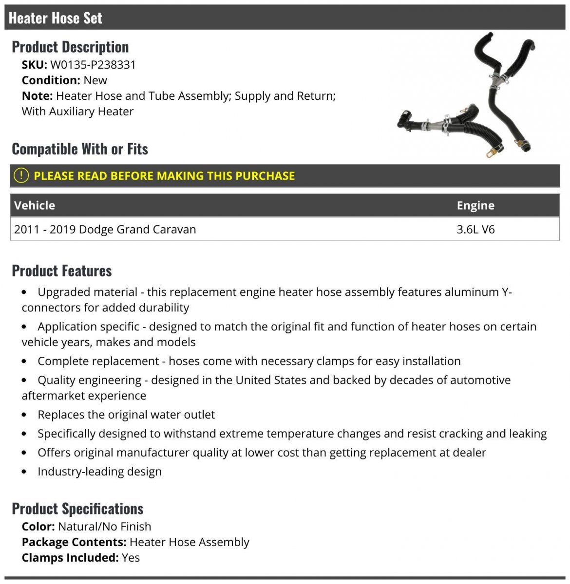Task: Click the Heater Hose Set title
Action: tap(55, 18)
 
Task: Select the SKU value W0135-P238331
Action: tap(93, 65)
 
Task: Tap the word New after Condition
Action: tap(95, 80)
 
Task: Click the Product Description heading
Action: tap(70, 47)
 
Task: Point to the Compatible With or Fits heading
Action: tap(80, 149)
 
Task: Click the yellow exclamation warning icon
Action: tap(21, 176)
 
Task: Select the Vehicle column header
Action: tap(35, 205)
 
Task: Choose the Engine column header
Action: tap(475, 205)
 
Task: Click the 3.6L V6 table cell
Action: tap(475, 229)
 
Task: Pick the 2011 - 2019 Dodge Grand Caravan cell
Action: tap(105, 229)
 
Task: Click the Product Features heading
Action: tap(62, 271)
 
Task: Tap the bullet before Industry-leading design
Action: tap(25, 472)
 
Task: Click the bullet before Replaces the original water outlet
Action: tap(25, 415)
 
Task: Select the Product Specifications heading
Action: tap(77, 509)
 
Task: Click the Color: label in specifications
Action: tap(38, 527)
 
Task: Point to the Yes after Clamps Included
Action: tap(131, 558)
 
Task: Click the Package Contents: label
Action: tap(74, 542)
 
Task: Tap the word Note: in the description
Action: tap(37, 96)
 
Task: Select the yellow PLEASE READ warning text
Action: tap(164, 176)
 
